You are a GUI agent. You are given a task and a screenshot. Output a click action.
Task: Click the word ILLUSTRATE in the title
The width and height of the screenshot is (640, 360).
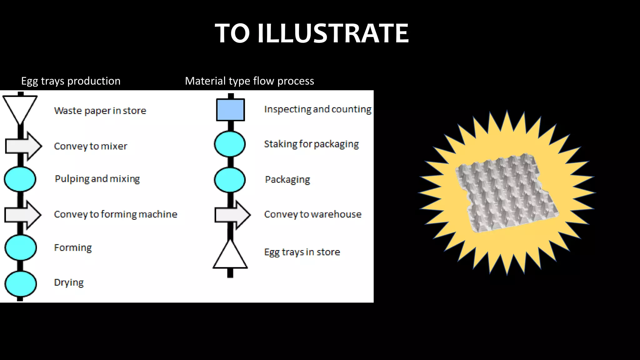[333, 33]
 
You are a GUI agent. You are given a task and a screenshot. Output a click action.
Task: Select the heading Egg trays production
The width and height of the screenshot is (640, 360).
[71, 81]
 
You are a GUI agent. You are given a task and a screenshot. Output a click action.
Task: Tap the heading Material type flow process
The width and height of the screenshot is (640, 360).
[249, 81]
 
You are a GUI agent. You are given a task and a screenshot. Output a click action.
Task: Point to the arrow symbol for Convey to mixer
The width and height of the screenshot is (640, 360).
[24, 146]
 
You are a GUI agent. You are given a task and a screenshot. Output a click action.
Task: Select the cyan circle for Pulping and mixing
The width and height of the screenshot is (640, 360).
[20, 179]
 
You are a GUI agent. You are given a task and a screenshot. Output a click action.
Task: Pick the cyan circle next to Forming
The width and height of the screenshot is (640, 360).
[21, 247]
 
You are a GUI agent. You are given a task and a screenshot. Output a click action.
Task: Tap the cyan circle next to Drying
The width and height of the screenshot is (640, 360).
[21, 284]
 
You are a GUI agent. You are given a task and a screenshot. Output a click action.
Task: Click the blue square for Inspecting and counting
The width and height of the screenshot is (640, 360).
[230, 110]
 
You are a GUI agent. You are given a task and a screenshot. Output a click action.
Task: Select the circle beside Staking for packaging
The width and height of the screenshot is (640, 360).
[230, 144]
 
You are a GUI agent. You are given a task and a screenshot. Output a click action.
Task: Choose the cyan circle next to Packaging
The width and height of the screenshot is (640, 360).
[230, 180]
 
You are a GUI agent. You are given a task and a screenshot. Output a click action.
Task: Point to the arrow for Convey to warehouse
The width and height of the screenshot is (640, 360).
[233, 215]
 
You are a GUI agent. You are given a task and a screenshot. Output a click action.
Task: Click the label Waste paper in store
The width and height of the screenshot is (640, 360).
[100, 111]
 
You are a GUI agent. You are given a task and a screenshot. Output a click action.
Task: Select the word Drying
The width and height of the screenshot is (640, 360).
[69, 282]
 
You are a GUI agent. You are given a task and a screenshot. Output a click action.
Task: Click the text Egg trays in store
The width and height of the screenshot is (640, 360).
[302, 252]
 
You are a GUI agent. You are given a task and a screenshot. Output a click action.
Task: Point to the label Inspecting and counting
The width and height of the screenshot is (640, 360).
[317, 109]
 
